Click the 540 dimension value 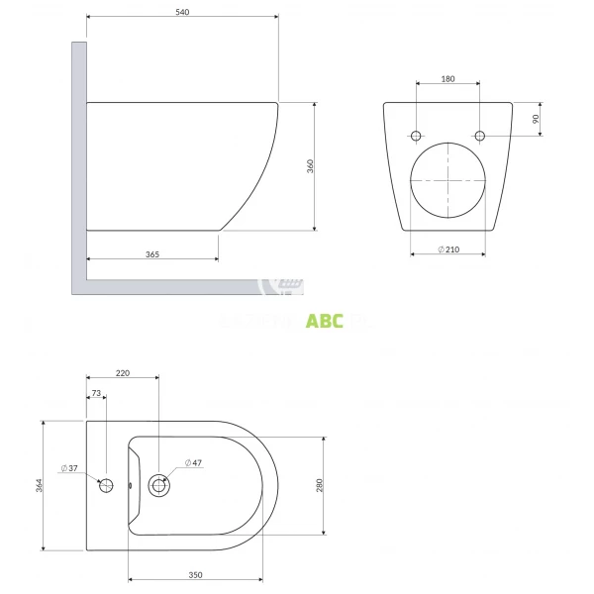tap(181, 12)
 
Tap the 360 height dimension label tap(309, 166)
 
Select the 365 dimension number tap(152, 254)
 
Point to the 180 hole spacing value tap(447, 77)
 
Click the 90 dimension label tap(536, 118)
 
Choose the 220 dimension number tap(122, 372)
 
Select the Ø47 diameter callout tap(194, 462)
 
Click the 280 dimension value tap(319, 485)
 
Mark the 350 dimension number tap(195, 574)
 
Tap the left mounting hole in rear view tap(416, 135)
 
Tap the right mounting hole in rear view tap(480, 135)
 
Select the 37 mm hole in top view tap(108, 485)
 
